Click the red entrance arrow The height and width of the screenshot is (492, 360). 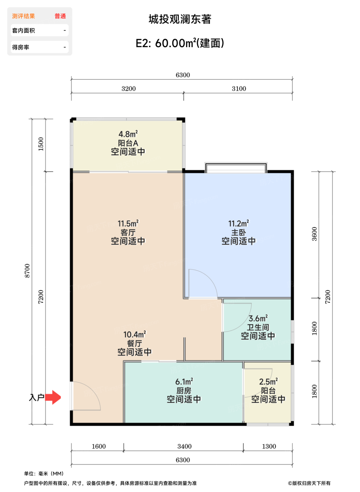point(53,397)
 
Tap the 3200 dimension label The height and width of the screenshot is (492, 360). point(129,89)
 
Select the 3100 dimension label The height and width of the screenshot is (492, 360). point(239,89)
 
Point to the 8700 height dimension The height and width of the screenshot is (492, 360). point(27,271)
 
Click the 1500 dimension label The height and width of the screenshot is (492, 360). point(41,144)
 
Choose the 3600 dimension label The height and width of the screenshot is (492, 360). point(315,234)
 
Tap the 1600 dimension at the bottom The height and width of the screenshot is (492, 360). point(99,447)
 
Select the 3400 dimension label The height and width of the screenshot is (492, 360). point(185,447)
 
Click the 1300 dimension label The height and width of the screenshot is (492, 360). point(269,447)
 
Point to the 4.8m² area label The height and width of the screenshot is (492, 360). point(128,134)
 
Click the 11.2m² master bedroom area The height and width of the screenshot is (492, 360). point(239,224)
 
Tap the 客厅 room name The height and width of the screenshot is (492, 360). point(128,233)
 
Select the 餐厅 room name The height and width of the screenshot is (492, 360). point(135,344)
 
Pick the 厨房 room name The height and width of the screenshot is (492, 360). point(184,391)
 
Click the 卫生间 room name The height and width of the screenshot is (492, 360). point(258,328)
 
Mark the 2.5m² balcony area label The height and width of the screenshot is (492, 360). point(268,382)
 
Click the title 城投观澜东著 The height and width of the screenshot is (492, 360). point(180,19)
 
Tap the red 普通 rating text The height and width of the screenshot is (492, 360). point(60,16)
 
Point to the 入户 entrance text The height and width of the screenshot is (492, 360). point(37,397)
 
